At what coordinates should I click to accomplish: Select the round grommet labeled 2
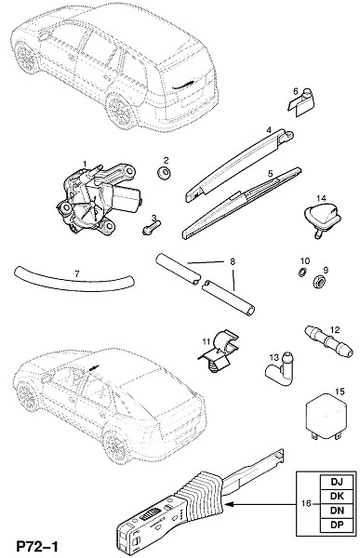coord(164,173)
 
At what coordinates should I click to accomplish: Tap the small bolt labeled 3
coord(152,227)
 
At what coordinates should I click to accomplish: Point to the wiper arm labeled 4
coord(239,166)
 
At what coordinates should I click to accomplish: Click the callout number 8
coord(233,262)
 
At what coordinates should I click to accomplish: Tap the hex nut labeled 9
coord(319,282)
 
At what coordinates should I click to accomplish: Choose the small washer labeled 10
coord(302,272)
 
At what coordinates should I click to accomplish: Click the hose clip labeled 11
coord(220,352)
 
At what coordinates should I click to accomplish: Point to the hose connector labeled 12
coord(328,341)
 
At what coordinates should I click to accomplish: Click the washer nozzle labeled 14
coord(322,217)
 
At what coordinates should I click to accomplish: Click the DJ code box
coord(337,482)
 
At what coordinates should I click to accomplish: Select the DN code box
coord(337,511)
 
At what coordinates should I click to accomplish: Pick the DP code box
coord(337,525)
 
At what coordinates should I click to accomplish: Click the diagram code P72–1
coord(36,546)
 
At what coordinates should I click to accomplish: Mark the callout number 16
coord(306,503)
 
